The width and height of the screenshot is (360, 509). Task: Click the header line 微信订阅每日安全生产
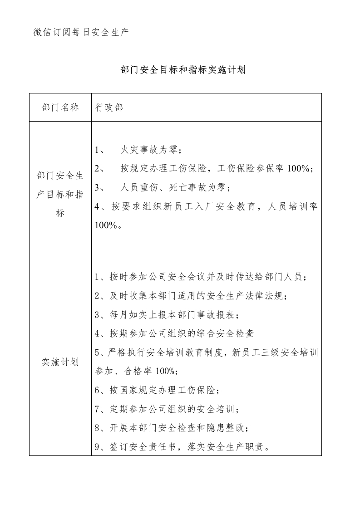click(x=81, y=32)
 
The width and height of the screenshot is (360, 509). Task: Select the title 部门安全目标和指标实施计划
click(x=183, y=70)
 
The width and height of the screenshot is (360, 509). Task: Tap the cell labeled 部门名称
click(x=60, y=108)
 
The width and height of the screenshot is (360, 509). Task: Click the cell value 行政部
click(x=109, y=108)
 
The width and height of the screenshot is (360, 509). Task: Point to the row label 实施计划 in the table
click(x=60, y=362)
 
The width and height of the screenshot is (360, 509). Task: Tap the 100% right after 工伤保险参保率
click(x=298, y=169)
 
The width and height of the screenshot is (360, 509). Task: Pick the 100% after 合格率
click(x=165, y=372)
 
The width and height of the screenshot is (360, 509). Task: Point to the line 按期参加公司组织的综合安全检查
click(x=174, y=334)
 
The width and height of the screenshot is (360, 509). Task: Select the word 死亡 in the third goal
click(x=186, y=187)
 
